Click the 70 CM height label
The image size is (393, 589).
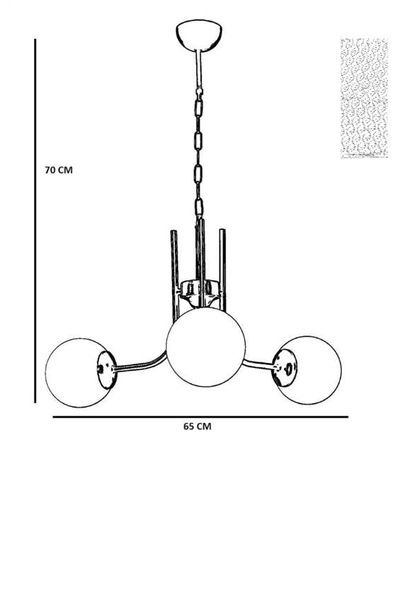coord(59,170)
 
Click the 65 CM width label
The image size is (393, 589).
coord(198,427)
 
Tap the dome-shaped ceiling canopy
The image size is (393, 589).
coord(199,35)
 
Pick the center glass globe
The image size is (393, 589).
coord(206,347)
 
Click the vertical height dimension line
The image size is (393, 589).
coord(35,220)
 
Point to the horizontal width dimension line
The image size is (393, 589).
coord(200,416)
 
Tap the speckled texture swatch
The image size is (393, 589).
coord(364,98)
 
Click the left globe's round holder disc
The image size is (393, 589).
coord(106,370)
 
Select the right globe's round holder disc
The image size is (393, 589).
coord(285,367)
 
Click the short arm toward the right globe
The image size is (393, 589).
coord(259,363)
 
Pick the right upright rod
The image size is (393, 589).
coord(222,270)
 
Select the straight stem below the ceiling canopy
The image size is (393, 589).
coord(199,69)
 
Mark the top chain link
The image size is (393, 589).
coord(199,108)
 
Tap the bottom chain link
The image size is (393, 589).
coord(198,207)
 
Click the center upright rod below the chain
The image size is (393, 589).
coord(200,263)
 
